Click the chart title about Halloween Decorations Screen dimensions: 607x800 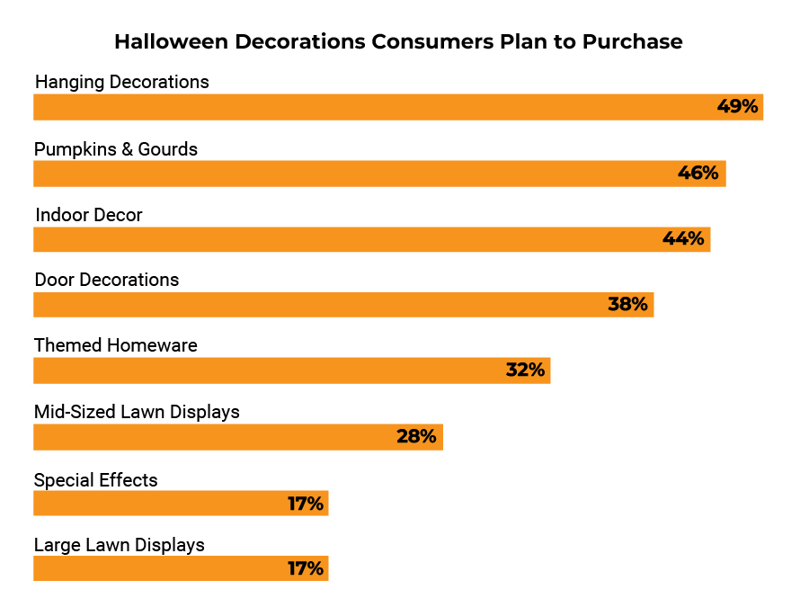398,41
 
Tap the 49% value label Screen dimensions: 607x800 738,107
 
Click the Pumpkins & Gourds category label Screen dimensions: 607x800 116,149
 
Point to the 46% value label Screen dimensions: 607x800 698,174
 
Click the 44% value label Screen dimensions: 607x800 683,239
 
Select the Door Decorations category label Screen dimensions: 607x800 107,280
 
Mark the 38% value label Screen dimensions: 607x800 627,305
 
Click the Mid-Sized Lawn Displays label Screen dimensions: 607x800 137,412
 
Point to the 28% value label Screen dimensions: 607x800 416,437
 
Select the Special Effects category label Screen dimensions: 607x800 96,480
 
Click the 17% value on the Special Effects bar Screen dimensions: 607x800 306,504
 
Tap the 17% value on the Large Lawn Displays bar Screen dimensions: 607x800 306,569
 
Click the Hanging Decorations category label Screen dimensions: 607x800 122,82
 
